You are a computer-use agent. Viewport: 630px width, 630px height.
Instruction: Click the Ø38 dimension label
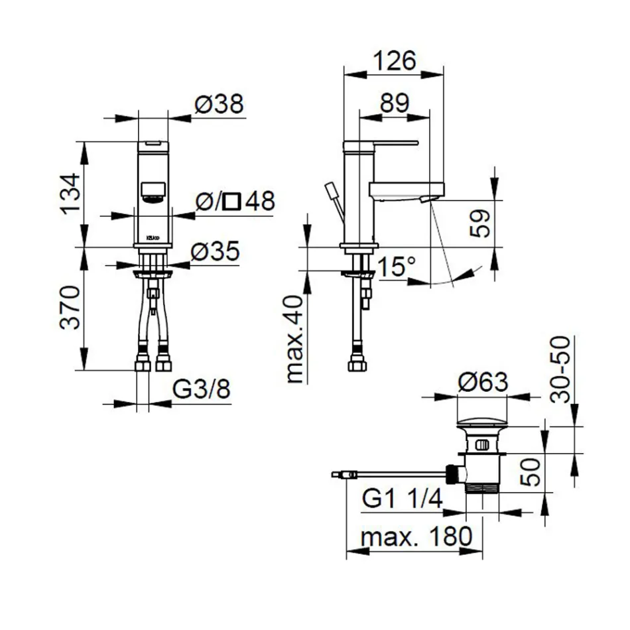pyautogui.click(x=219, y=104)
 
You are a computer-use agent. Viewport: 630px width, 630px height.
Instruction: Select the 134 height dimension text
pyautogui.click(x=71, y=194)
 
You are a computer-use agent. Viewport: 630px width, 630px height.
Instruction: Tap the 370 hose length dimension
pyautogui.click(x=71, y=308)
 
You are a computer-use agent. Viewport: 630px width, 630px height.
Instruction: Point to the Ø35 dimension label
pyautogui.click(x=215, y=252)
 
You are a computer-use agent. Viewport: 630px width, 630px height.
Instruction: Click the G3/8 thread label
pyautogui.click(x=202, y=390)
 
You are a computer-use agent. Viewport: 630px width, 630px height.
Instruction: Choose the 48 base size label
pyautogui.click(x=259, y=201)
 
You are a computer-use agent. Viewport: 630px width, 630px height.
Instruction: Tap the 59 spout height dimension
pyautogui.click(x=483, y=224)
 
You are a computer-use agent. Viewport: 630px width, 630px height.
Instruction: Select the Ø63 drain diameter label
pyautogui.click(x=482, y=383)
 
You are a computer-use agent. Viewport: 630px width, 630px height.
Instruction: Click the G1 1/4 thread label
pyautogui.click(x=402, y=499)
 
